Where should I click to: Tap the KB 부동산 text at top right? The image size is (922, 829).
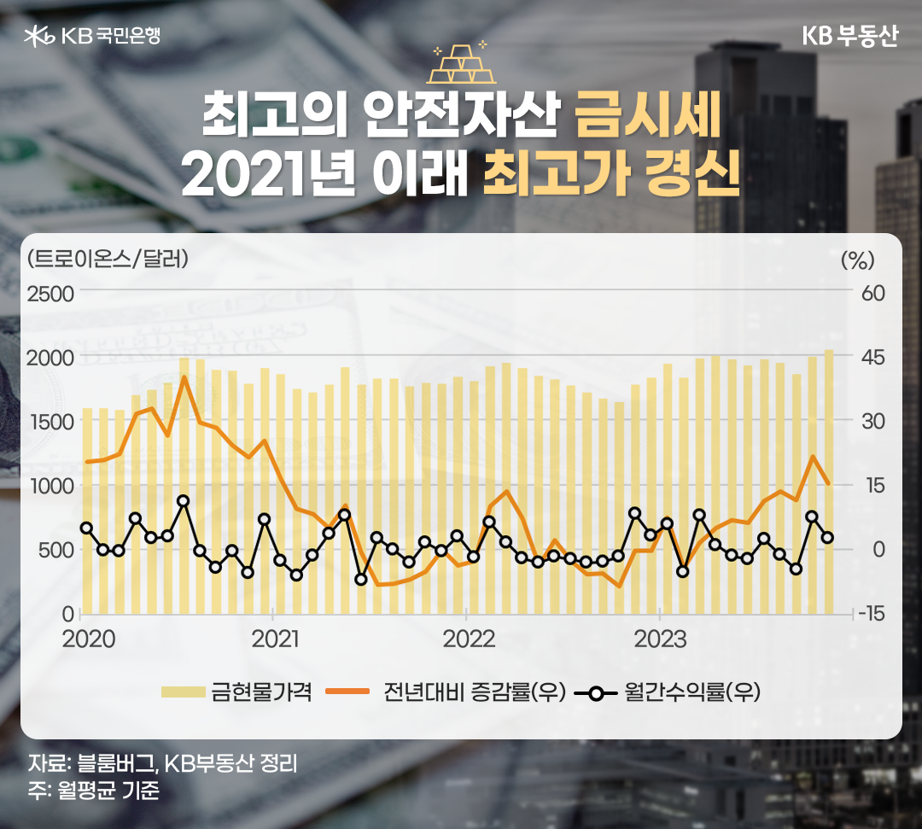click(x=849, y=37)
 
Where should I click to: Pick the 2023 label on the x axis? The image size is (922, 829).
click(x=660, y=639)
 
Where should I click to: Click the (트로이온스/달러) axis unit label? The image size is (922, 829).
click(x=108, y=257)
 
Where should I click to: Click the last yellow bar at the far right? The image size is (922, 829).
click(x=828, y=482)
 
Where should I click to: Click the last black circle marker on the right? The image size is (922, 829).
click(x=828, y=537)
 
